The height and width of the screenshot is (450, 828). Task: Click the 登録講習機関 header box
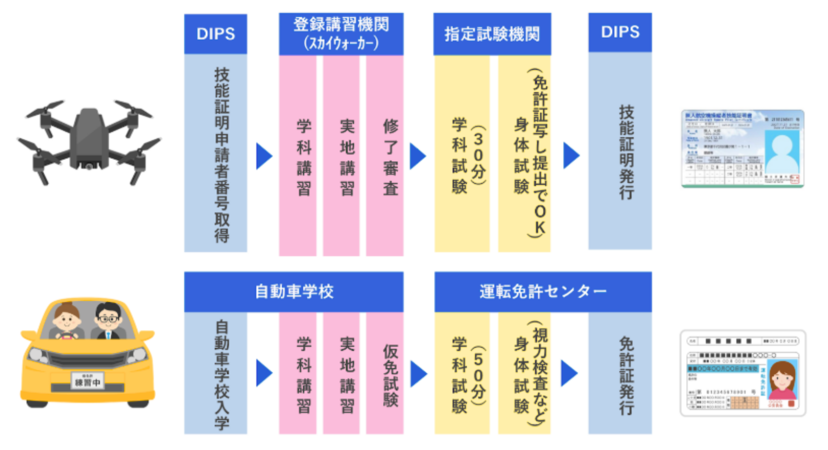click(341, 34)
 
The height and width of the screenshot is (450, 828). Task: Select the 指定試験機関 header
click(492, 34)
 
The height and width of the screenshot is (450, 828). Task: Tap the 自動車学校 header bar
click(294, 292)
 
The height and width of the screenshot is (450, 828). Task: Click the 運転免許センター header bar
click(543, 292)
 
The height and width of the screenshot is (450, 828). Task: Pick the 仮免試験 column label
click(390, 375)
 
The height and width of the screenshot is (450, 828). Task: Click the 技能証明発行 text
click(626, 152)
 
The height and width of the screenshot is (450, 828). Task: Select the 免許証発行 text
click(626, 375)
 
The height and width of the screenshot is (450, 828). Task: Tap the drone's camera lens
click(89, 167)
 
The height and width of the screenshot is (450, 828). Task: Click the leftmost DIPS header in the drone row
click(215, 34)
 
